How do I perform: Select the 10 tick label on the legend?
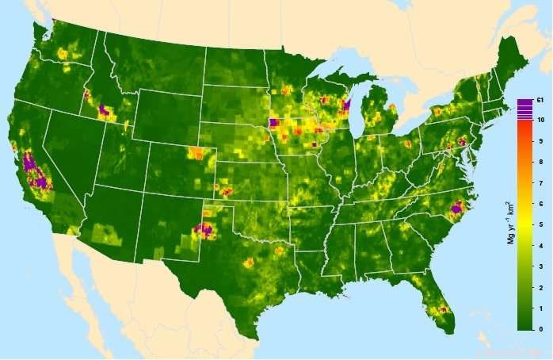pyautogui.click(x=540, y=119)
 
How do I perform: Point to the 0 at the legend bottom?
pyautogui.click(x=539, y=328)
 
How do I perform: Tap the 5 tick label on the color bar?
pyautogui.click(x=539, y=224)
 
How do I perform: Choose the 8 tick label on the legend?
pyautogui.click(x=539, y=162)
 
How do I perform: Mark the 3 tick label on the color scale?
pyautogui.click(x=539, y=266)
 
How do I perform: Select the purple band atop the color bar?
pyautogui.click(x=524, y=111)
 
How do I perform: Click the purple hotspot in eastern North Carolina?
pyautogui.click(x=456, y=210)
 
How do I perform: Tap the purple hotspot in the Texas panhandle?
pyautogui.click(x=204, y=231)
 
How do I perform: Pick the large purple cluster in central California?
pyautogui.click(x=33, y=170)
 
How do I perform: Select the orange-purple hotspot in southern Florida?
pyautogui.click(x=442, y=308)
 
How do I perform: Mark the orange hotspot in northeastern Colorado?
pyautogui.click(x=196, y=153)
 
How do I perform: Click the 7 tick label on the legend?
pyautogui.click(x=539, y=183)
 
